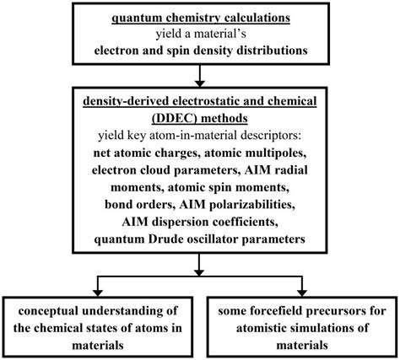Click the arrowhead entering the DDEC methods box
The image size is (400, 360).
coord(199,83)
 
